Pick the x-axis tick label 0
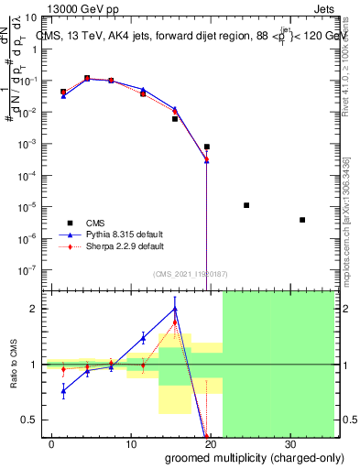(x=53, y=443)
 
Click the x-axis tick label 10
(x=132, y=443)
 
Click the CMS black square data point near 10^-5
(x=246, y=205)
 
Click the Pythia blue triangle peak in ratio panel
(x=174, y=310)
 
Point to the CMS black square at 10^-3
(x=207, y=147)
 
